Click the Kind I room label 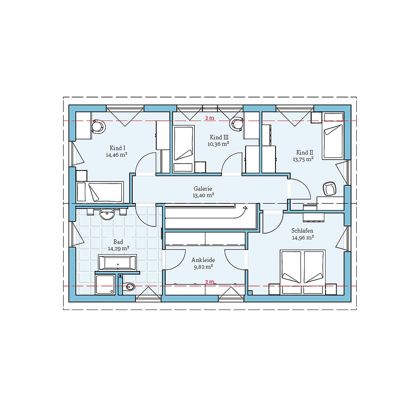118,148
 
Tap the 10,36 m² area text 218,144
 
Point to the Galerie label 203,189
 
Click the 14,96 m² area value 303,237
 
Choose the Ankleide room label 203,260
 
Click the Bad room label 118,242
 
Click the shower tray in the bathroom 105,285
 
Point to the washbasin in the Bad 107,213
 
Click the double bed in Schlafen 303,271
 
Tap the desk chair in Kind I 98,126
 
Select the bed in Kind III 183,143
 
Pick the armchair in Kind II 329,189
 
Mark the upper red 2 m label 210,118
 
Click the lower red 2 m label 210,282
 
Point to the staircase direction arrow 245,209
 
